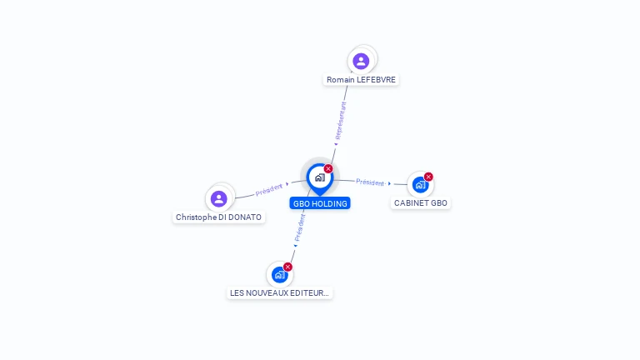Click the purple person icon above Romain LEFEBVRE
click(361, 61)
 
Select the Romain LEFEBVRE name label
click(362, 80)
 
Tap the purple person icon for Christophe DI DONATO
click(219, 198)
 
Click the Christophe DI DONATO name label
click(218, 217)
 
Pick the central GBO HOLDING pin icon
click(319, 177)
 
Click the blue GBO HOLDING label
click(320, 203)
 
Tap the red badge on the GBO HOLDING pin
click(328, 168)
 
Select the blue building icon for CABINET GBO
click(420, 184)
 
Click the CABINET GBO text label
click(421, 203)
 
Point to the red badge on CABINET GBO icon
click(428, 176)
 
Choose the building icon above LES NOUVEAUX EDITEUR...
click(279, 275)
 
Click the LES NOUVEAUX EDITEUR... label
click(280, 293)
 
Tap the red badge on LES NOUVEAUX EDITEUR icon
click(288, 267)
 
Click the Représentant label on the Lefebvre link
click(340, 121)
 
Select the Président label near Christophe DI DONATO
click(270, 189)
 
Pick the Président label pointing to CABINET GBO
click(370, 182)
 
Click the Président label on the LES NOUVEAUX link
click(300, 227)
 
